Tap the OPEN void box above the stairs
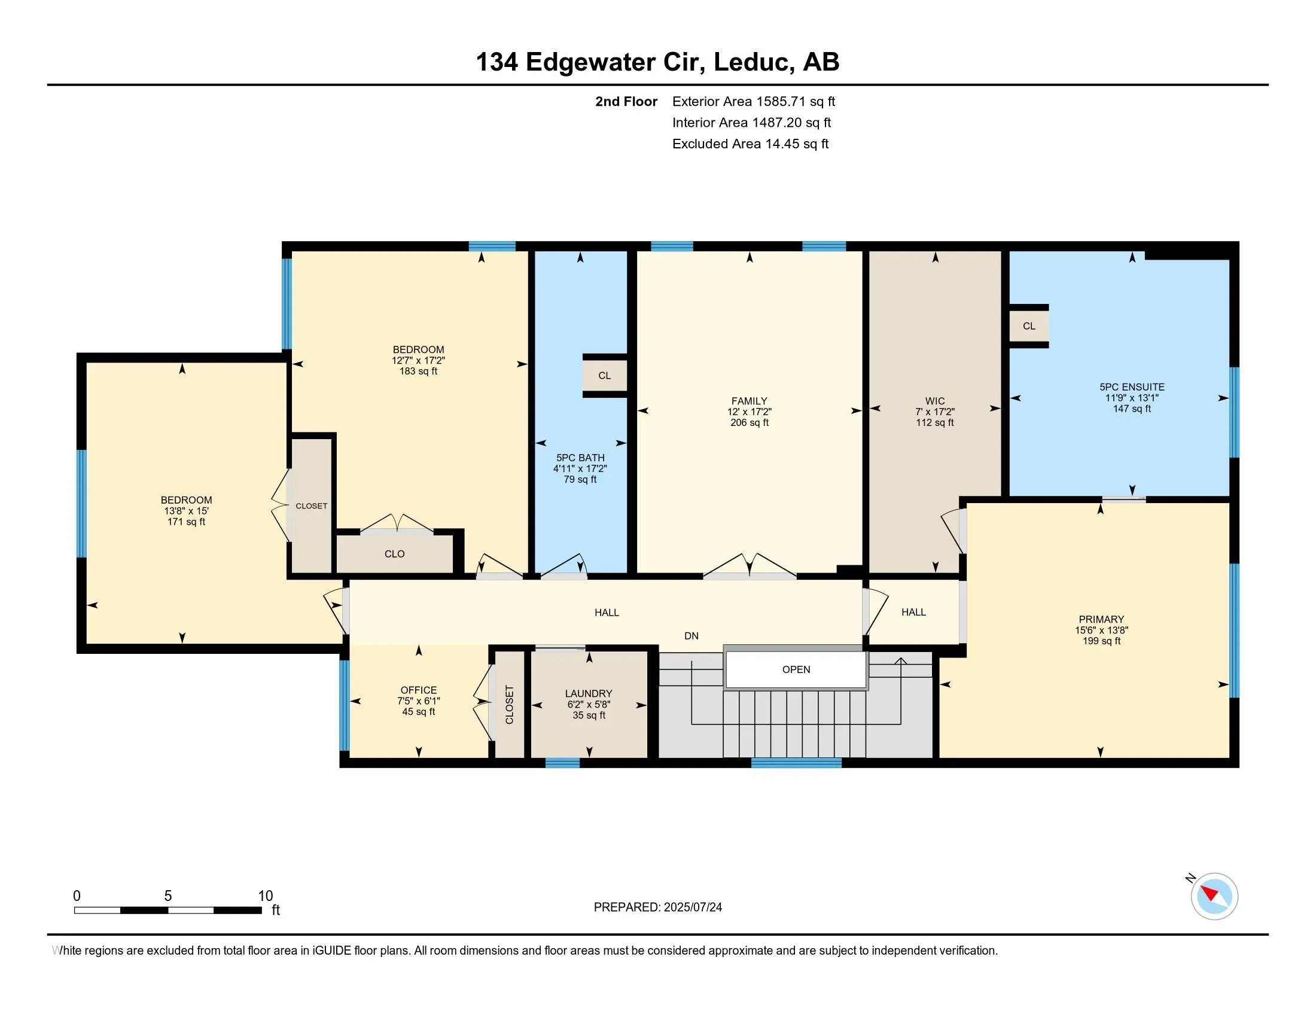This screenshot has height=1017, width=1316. (x=796, y=669)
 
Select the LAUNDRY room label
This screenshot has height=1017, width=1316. (x=589, y=693)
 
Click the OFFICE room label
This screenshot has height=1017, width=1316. (x=419, y=690)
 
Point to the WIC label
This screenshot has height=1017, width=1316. (x=935, y=401)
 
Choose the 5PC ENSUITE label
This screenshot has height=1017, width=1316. (x=1132, y=387)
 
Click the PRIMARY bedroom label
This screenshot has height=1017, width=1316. (x=1101, y=619)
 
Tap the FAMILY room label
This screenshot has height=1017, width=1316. (x=750, y=401)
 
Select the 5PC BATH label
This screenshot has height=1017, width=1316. (x=580, y=457)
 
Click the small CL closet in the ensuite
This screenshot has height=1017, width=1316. (x=1029, y=326)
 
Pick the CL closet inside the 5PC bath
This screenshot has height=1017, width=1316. (x=605, y=375)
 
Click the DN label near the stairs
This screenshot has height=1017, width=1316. (x=691, y=635)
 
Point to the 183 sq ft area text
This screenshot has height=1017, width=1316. (x=418, y=371)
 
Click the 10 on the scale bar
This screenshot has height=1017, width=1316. (x=266, y=896)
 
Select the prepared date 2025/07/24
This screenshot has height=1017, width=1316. (x=692, y=907)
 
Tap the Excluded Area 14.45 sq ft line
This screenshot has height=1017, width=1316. (x=750, y=144)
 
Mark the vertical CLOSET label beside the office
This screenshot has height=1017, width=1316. (x=509, y=704)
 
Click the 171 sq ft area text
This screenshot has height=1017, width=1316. (x=186, y=522)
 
